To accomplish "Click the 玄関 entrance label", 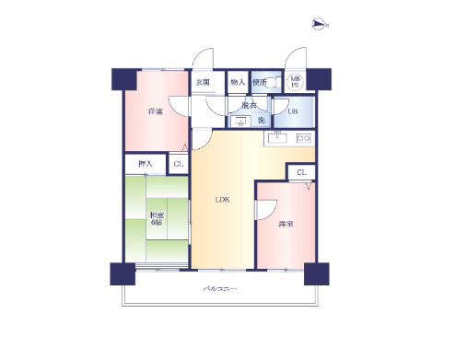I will click(x=203, y=82).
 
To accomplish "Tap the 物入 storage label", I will click(x=237, y=82).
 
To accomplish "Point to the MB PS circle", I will click(x=296, y=82).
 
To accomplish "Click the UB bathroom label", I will click(x=292, y=111).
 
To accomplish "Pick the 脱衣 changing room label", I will click(x=249, y=105).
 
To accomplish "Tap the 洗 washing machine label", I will click(x=261, y=121).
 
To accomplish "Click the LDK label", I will click(x=223, y=200).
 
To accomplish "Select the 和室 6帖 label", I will click(x=157, y=219).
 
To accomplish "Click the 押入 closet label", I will click(x=145, y=164).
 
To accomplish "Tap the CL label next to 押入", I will click(x=178, y=164).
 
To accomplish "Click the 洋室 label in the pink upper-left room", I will click(x=156, y=112).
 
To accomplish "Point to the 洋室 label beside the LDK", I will click(x=286, y=224).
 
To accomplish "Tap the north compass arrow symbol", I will click(x=319, y=24).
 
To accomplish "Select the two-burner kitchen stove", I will click(x=302, y=139).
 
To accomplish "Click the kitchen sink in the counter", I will click(x=277, y=139).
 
